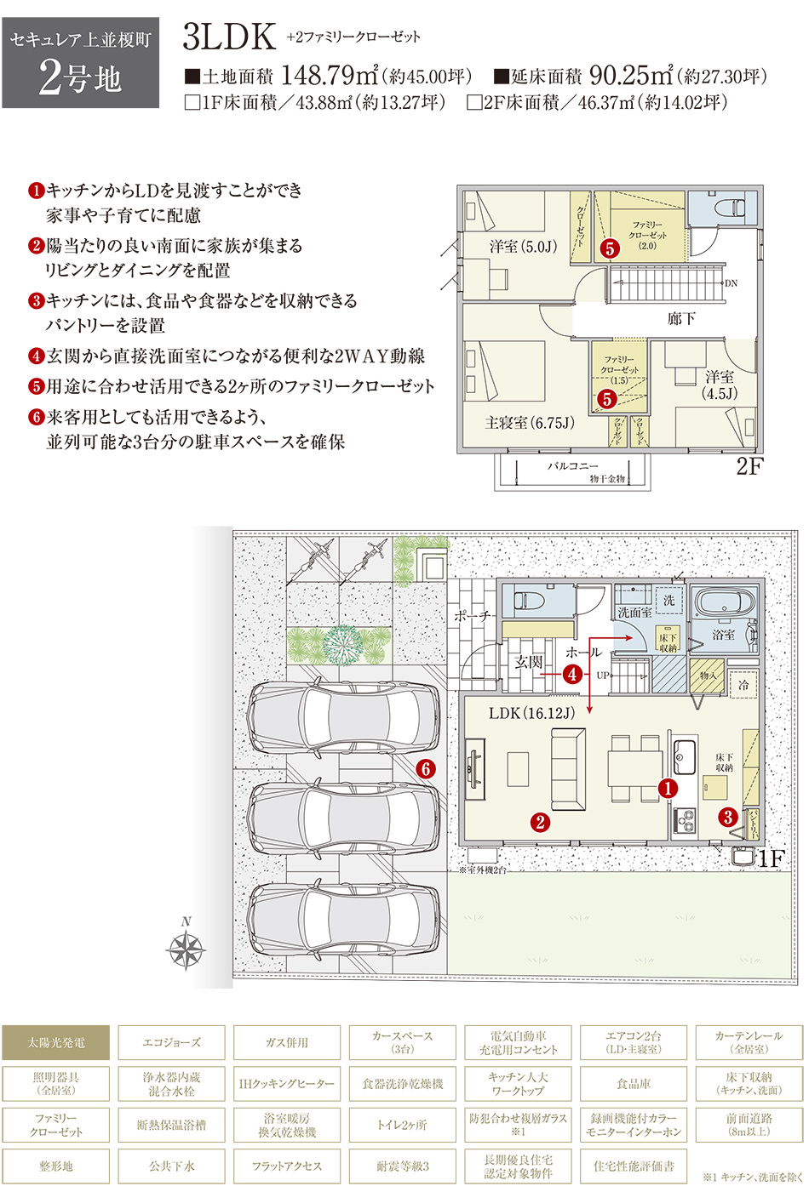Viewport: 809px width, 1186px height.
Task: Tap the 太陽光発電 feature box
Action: pos(56,1043)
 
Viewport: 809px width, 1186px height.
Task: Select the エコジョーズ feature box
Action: pos(171,1043)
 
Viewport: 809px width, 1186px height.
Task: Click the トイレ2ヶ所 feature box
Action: pos(402,1125)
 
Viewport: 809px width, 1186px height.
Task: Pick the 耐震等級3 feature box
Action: pos(402,1166)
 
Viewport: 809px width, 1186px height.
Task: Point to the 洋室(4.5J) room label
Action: pos(720,385)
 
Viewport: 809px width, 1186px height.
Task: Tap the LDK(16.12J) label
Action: pos(532,713)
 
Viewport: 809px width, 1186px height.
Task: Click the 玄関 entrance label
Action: pos(529,661)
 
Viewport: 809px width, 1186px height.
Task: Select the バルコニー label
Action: pos(572,466)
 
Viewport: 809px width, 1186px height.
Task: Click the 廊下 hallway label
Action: pos(681,319)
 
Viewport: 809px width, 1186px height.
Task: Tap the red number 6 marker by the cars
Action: pos(426,768)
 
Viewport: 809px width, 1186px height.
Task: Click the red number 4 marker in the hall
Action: pos(572,674)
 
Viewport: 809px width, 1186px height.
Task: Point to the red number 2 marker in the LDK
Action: pos(540,821)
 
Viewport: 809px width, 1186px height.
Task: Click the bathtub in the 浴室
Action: pos(725,604)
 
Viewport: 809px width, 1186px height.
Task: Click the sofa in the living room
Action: pos(568,769)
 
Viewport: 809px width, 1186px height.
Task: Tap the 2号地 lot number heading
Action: pos(80,79)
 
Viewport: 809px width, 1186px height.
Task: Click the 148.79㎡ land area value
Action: pos(329,76)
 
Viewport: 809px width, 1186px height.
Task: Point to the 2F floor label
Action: pos(749,466)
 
